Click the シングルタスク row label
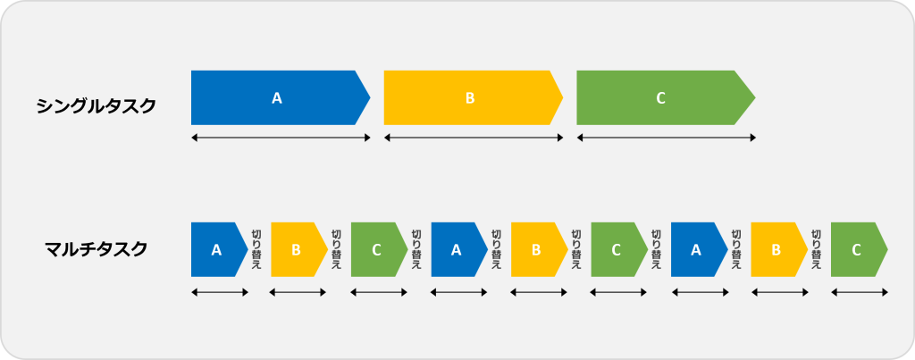[x=97, y=106]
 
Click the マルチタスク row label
[x=97, y=250]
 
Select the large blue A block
[x=281, y=97]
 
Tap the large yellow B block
[x=474, y=97]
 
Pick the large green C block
[x=666, y=97]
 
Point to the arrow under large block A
[x=281, y=138]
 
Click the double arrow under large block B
[x=474, y=138]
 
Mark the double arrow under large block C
[x=666, y=138]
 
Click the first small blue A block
[x=220, y=249]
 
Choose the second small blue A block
[x=459, y=249]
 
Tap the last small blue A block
[x=699, y=249]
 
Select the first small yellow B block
[x=299, y=249]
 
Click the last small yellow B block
[x=779, y=249]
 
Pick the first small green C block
[x=379, y=249]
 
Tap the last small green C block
[x=859, y=249]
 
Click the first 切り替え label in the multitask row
[x=256, y=249]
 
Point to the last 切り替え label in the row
[x=816, y=249]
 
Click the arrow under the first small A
[x=220, y=292]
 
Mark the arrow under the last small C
[x=859, y=292]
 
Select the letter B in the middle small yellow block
[x=536, y=250]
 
